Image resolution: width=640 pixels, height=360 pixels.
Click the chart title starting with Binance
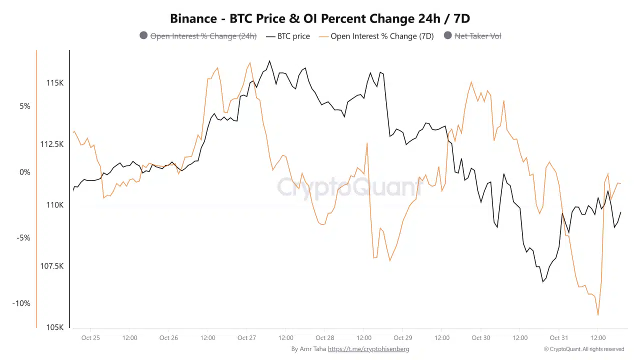[320, 18]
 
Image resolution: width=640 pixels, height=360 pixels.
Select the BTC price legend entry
[293, 36]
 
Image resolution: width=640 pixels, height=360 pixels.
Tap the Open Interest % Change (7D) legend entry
[382, 36]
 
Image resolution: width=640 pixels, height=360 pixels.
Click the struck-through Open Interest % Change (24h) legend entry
[203, 36]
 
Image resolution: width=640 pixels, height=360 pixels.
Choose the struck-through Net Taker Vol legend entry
[477, 36]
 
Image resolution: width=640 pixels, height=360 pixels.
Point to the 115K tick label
[55, 83]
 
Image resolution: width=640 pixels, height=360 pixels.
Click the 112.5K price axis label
[52, 144]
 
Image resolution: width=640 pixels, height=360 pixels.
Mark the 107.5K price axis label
[52, 266]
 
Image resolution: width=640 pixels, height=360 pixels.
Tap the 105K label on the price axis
[55, 327]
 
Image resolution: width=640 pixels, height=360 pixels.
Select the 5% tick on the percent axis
[25, 106]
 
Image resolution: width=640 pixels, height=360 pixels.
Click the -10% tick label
[21, 303]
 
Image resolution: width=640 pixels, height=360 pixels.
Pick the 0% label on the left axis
[25, 172]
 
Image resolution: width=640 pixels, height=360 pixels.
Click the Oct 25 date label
[90, 338]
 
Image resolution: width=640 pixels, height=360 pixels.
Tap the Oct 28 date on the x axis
[325, 338]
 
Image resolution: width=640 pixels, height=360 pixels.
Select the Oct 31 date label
[559, 338]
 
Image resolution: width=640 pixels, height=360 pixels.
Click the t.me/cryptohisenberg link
[368, 349]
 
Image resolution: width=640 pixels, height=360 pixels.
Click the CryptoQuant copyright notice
[584, 349]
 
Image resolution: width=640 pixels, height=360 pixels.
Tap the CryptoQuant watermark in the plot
[350, 187]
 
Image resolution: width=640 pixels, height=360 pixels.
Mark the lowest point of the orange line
[598, 315]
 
